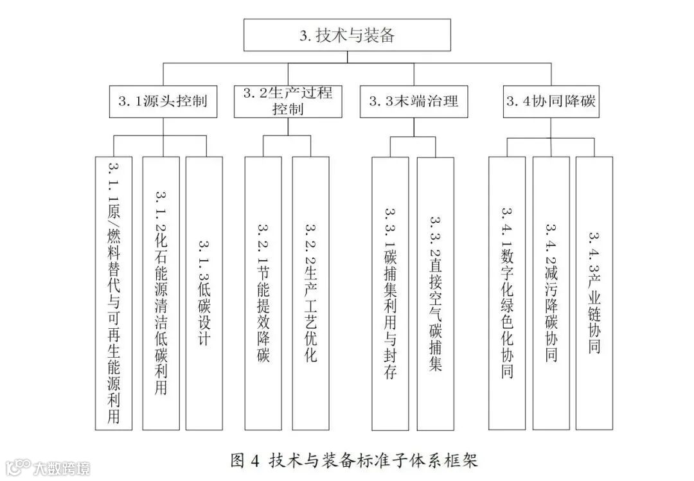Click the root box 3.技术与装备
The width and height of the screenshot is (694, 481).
[347, 35]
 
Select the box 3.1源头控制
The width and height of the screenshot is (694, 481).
[163, 101]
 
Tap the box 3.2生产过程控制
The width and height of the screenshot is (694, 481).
[288, 101]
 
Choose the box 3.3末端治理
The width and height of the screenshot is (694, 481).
[414, 101]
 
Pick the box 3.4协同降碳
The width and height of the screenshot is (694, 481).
[551, 101]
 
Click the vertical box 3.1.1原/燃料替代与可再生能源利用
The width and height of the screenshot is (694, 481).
[114, 293]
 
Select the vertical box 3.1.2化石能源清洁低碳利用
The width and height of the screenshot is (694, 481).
[161, 293]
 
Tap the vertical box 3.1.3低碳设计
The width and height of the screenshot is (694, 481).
[204, 293]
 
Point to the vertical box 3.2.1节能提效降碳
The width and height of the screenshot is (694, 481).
[263, 293]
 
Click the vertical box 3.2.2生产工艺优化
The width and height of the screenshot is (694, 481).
[310, 293]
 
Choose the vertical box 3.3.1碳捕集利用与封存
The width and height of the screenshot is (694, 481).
[390, 293]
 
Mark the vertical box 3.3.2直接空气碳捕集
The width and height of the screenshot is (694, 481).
[436, 293]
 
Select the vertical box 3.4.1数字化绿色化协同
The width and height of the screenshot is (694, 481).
[506, 293]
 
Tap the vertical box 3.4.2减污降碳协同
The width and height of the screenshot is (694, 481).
[551, 293]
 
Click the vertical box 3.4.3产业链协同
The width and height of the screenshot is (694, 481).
[594, 293]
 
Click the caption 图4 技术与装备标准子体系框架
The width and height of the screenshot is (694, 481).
[354, 460]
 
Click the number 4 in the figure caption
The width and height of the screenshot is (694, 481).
[255, 460]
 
